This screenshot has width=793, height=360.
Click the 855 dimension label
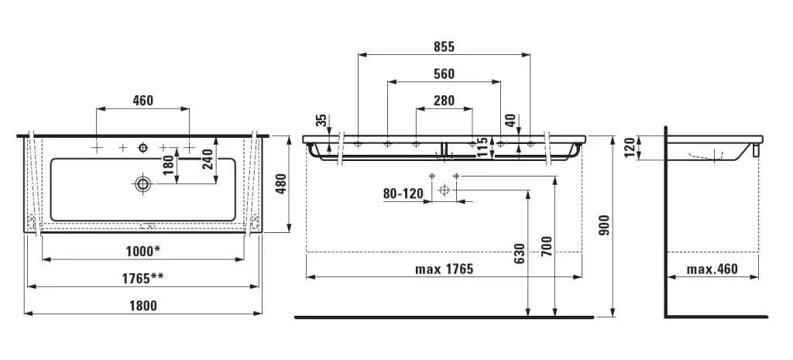click(x=444, y=47)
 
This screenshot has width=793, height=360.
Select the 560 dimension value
click(x=444, y=74)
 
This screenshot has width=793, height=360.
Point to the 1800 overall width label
click(x=142, y=305)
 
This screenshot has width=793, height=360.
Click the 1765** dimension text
click(x=142, y=278)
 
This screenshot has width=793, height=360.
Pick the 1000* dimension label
click(x=142, y=251)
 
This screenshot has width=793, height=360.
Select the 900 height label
click(x=604, y=225)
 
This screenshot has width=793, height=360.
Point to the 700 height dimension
click(x=547, y=247)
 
